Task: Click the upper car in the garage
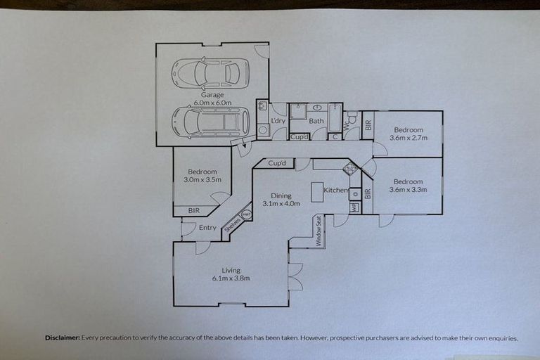(207, 72)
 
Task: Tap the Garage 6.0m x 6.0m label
(212, 98)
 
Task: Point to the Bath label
(316, 121)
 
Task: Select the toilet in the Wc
(350, 120)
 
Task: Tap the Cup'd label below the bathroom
(300, 136)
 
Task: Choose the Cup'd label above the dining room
(277, 163)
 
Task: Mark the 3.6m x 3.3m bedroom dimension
(408, 189)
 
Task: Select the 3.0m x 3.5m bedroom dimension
(202, 180)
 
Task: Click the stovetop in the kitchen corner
(349, 169)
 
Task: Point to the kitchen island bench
(317, 192)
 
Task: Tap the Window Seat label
(319, 231)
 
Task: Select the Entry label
(207, 227)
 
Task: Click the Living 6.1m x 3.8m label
(231, 274)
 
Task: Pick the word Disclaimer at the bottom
(62, 338)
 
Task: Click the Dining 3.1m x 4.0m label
(281, 200)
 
